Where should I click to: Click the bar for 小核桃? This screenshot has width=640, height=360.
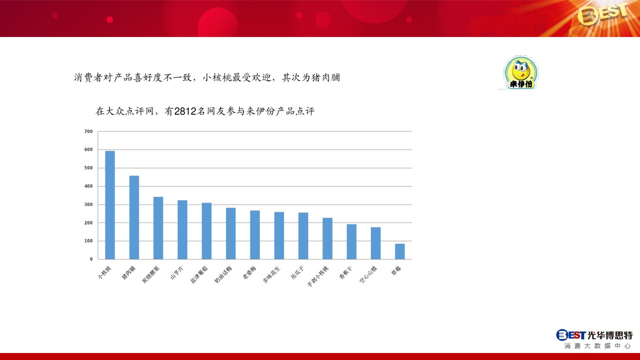[110, 205]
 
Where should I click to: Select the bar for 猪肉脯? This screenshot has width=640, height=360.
[134, 217]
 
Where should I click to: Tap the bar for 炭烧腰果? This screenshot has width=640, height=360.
[158, 228]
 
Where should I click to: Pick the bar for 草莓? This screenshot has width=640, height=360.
[400, 251]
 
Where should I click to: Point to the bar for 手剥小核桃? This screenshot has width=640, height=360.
[327, 238]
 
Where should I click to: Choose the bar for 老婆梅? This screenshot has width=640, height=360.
[255, 235]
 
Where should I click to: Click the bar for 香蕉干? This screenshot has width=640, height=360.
[351, 241]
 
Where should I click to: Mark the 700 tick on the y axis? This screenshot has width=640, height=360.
[88, 131]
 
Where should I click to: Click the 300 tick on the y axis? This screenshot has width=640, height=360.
[88, 204]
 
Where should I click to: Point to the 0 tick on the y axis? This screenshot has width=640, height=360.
[91, 259]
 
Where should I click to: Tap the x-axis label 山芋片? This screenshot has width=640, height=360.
[177, 273]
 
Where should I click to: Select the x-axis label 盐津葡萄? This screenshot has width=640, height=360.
[199, 274]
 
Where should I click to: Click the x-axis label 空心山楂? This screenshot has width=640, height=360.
[368, 274]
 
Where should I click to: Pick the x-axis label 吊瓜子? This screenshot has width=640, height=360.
[297, 272]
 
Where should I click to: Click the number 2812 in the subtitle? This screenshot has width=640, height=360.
[185, 111]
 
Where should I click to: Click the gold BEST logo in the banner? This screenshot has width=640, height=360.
[603, 14]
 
